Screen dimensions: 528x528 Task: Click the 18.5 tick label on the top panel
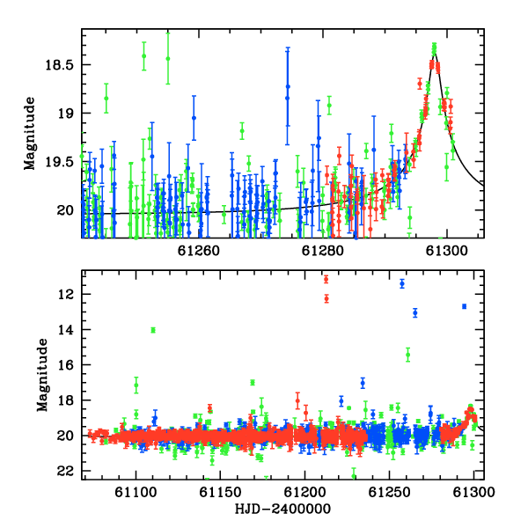pos(59,65)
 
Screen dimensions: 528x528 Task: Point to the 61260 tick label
pos(198,251)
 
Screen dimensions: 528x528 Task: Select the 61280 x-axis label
pos(323,251)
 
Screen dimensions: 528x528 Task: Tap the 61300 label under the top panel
pos(446,251)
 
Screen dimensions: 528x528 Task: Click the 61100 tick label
pos(136,492)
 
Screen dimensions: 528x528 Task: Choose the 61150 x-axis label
pos(220,492)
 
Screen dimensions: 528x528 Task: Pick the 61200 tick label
pos(304,492)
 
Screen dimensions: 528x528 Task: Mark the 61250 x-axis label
pos(389,492)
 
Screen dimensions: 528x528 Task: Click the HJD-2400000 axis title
pos(282,509)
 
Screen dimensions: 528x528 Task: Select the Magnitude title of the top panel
pos(30,134)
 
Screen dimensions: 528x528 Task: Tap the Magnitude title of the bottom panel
pos(42,375)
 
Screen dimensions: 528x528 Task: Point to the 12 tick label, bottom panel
pos(66,295)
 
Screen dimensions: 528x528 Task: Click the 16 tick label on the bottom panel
pos(66,365)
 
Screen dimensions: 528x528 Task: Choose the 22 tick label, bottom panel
pos(66,471)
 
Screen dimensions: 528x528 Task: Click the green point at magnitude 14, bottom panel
pos(153,330)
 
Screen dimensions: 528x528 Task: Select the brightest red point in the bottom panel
pos(326,279)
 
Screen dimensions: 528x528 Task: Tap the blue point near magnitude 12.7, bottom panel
pos(465,306)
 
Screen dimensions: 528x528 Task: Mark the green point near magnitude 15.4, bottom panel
pos(407,355)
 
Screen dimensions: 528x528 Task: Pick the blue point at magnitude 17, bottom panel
pos(363,383)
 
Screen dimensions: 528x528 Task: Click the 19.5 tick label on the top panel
pos(59,163)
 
